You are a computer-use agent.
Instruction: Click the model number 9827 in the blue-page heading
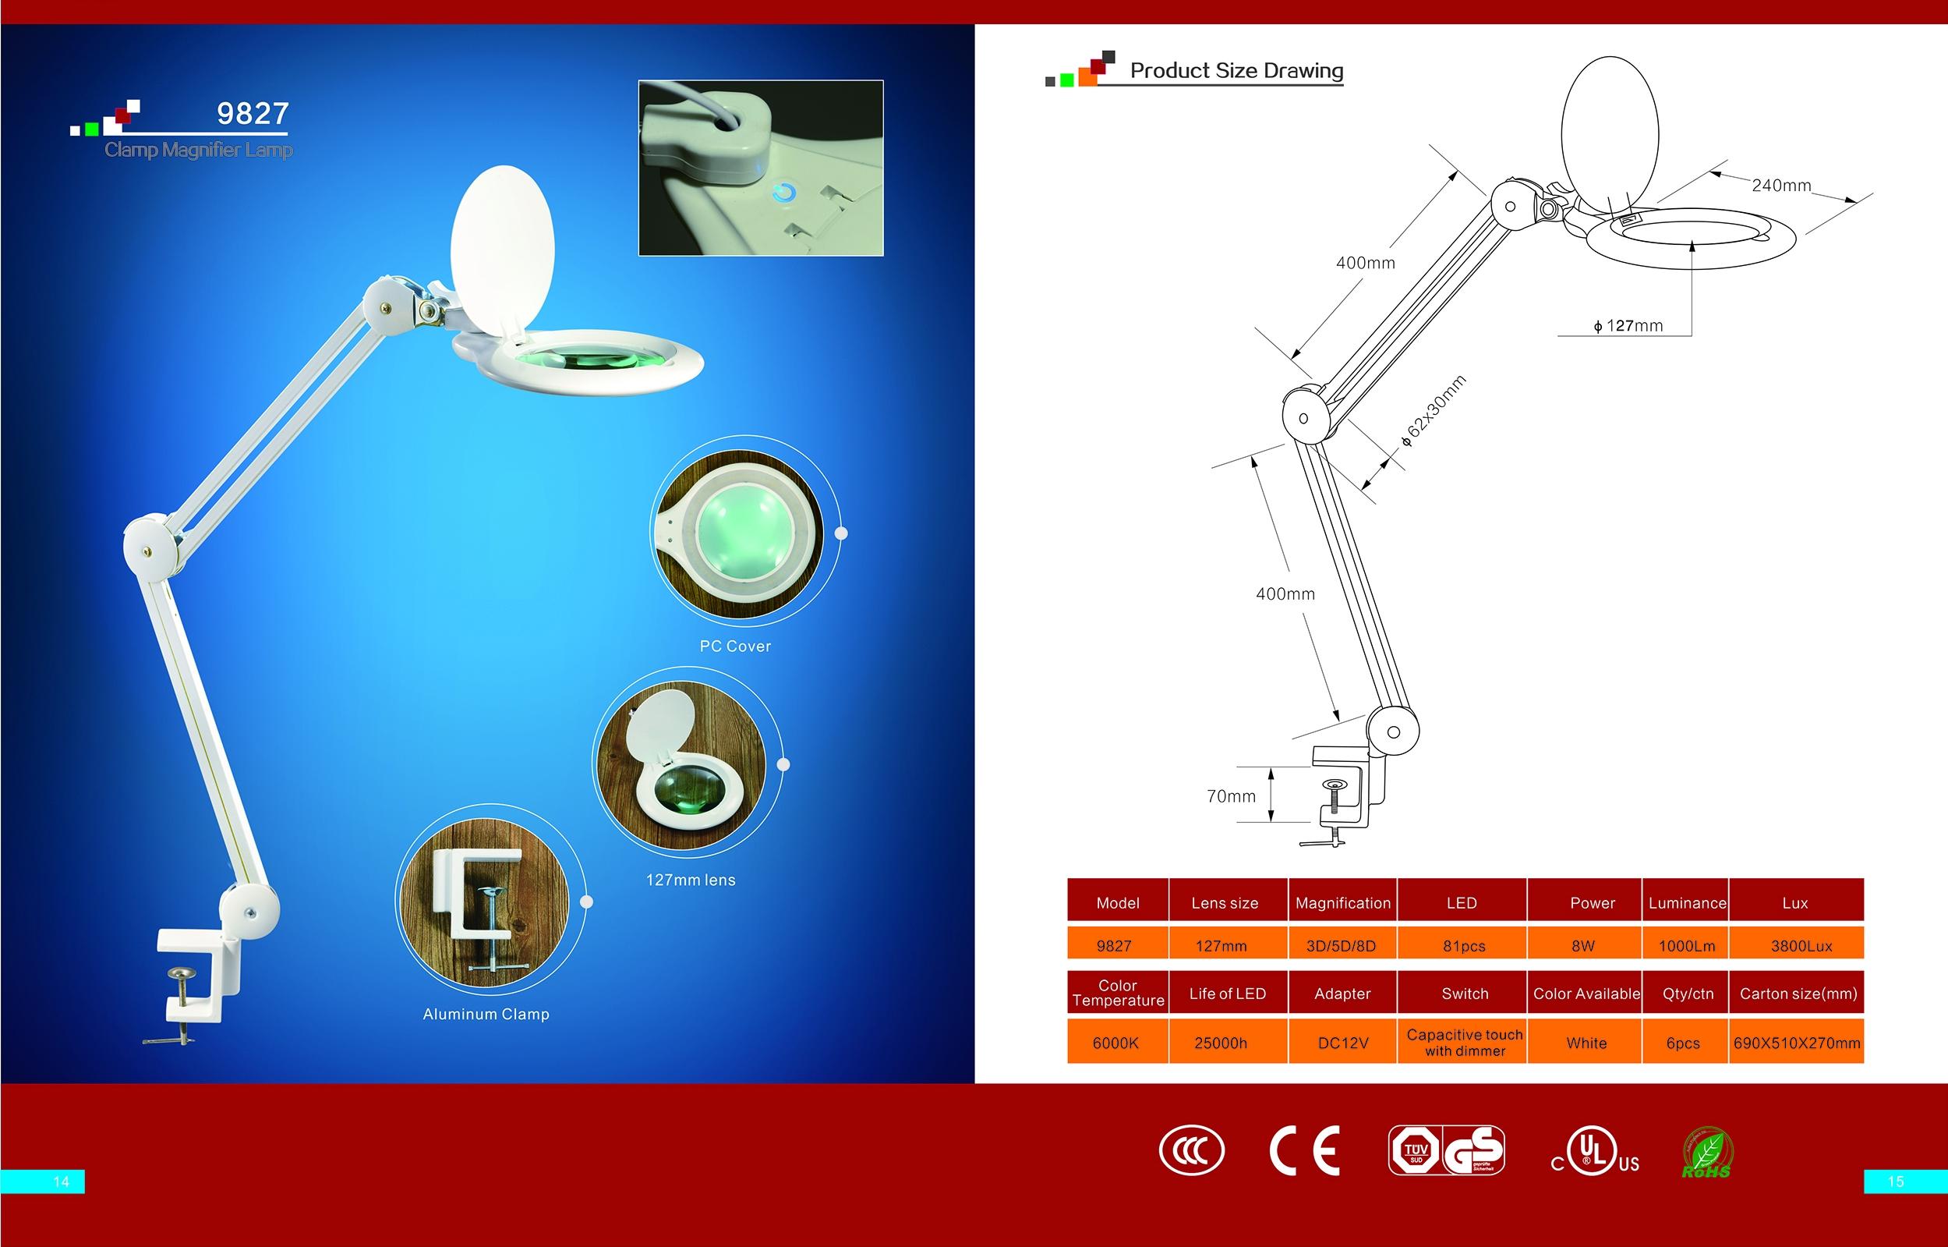coord(253,113)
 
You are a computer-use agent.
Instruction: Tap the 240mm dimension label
coord(1781,186)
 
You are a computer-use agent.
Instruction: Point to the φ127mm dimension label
coord(1628,325)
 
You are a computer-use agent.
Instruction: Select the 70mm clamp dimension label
coord(1231,796)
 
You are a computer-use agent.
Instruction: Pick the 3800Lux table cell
coord(1801,946)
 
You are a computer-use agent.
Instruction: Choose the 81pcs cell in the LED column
coord(1464,946)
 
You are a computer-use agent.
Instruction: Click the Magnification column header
coord(1342,903)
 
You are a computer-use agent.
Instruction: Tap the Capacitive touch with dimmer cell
coord(1465,1042)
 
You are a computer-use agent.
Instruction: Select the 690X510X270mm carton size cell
coord(1797,1043)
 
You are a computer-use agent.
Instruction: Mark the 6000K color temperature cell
coord(1115,1043)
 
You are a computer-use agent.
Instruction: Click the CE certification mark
coord(1305,1150)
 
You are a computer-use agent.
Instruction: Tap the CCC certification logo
coord(1191,1150)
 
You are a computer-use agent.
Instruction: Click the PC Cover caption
coord(735,647)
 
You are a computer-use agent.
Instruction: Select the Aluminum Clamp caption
coord(486,1014)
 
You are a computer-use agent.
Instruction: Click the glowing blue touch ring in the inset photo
coord(783,193)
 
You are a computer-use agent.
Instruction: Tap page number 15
coord(1896,1182)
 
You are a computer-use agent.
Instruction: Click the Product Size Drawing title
coord(1236,70)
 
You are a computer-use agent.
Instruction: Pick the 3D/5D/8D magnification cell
coord(1341,946)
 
